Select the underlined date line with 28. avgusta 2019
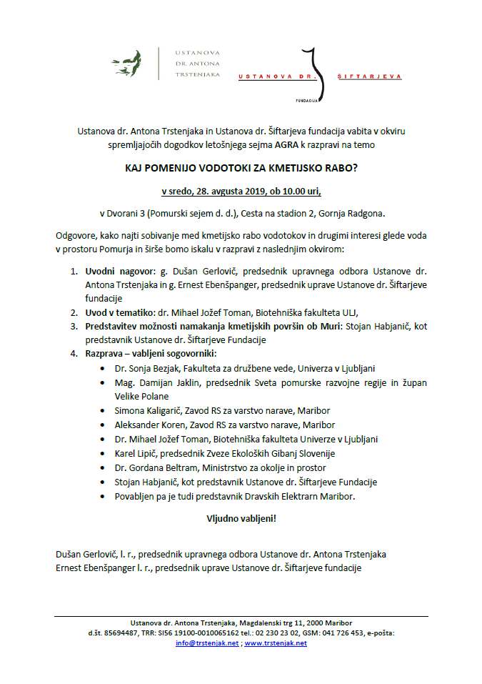click(241, 192)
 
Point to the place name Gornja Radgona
click(351, 213)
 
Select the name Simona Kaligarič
click(143, 410)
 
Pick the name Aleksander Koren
click(144, 425)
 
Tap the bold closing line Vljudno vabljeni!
click(241, 518)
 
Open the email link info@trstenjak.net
click(207, 643)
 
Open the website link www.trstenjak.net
click(276, 643)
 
